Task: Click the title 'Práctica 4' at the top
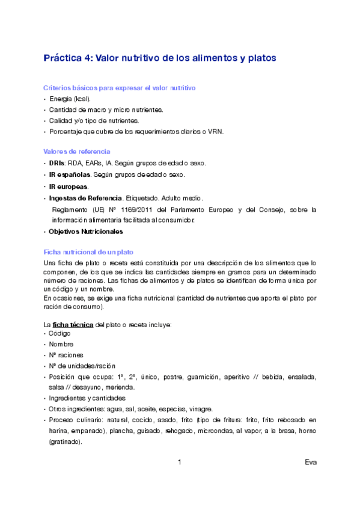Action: click(x=66, y=58)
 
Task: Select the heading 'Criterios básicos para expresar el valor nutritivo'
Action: click(x=120, y=88)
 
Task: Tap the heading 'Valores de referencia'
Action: click(x=76, y=152)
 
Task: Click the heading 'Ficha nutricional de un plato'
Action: click(x=88, y=251)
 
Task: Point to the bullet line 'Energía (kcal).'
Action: click(x=70, y=99)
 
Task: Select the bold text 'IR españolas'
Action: click(x=70, y=174)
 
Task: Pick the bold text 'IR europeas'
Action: click(x=68, y=186)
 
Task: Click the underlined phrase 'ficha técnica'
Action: click(x=73, y=325)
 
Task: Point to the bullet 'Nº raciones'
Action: click(x=66, y=355)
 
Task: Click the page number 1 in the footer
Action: click(x=180, y=462)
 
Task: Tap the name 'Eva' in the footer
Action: click(x=310, y=462)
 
